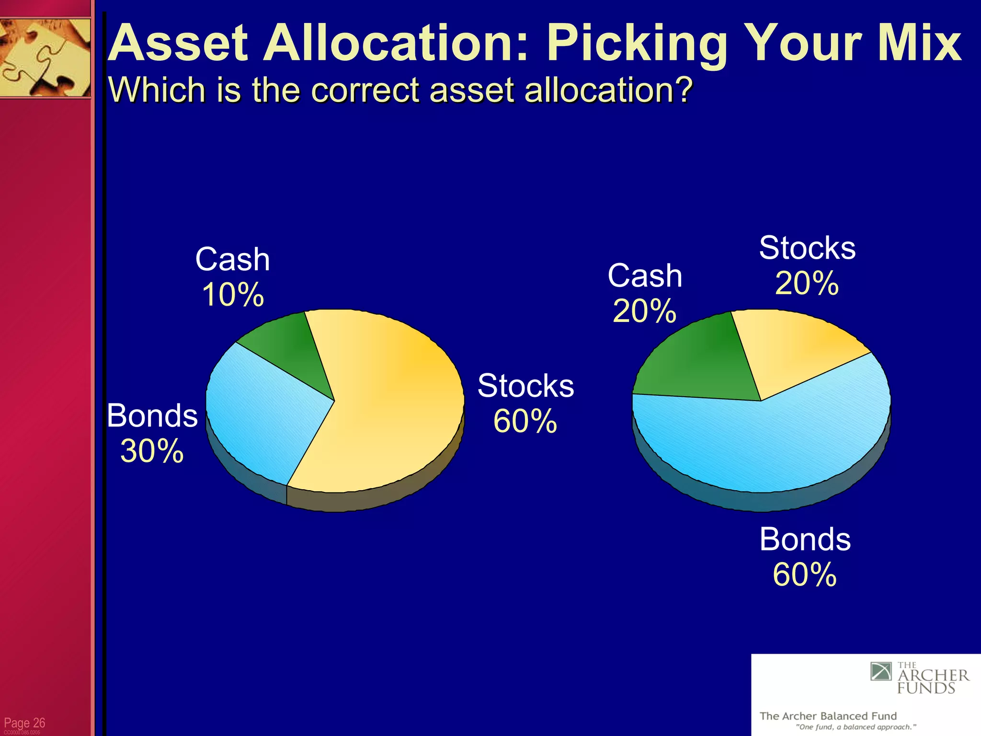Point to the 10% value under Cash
[233, 294]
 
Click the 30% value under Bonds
[152, 451]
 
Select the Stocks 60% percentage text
[525, 421]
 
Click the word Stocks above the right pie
[807, 248]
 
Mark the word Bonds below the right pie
[805, 539]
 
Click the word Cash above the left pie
[233, 259]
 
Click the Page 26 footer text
[24, 723]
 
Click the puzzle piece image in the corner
[45, 57]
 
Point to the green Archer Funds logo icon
[881, 671]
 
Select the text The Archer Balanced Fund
[828, 716]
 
